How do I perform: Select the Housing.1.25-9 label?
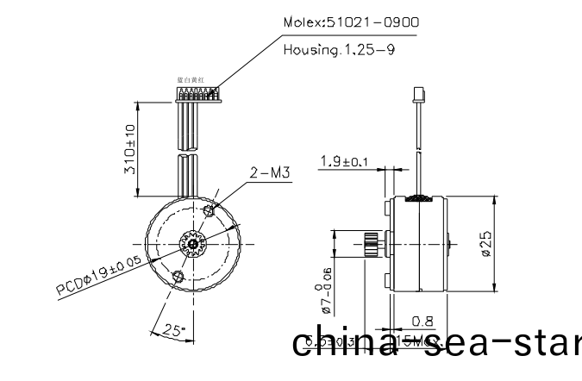[x=339, y=50]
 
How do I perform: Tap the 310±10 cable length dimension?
[x=130, y=148]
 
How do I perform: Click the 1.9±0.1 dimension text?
[x=343, y=161]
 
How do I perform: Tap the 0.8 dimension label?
[x=422, y=322]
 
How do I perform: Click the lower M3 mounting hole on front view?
[x=178, y=276]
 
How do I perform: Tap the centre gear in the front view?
[x=192, y=244]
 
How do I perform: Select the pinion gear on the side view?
[x=372, y=244]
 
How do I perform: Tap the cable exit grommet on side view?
[x=419, y=199]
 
